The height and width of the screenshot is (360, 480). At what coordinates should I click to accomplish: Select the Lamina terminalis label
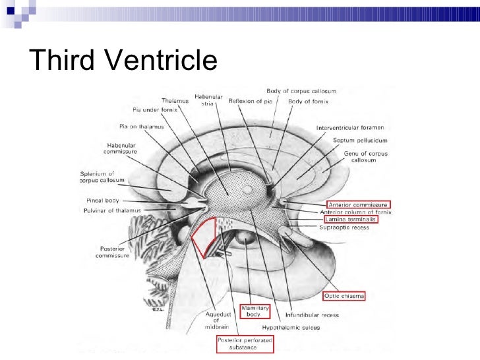350,220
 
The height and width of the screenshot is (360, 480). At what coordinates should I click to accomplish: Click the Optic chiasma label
345,296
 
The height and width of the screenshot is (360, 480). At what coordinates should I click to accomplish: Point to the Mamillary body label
253,311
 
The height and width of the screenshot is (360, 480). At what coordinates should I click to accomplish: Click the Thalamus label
175,101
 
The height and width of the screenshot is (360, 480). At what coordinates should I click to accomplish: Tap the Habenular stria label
208,100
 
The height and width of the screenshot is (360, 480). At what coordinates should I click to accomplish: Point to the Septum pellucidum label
361,140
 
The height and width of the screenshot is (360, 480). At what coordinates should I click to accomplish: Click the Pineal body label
102,199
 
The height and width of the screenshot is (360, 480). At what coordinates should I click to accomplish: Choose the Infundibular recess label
312,315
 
